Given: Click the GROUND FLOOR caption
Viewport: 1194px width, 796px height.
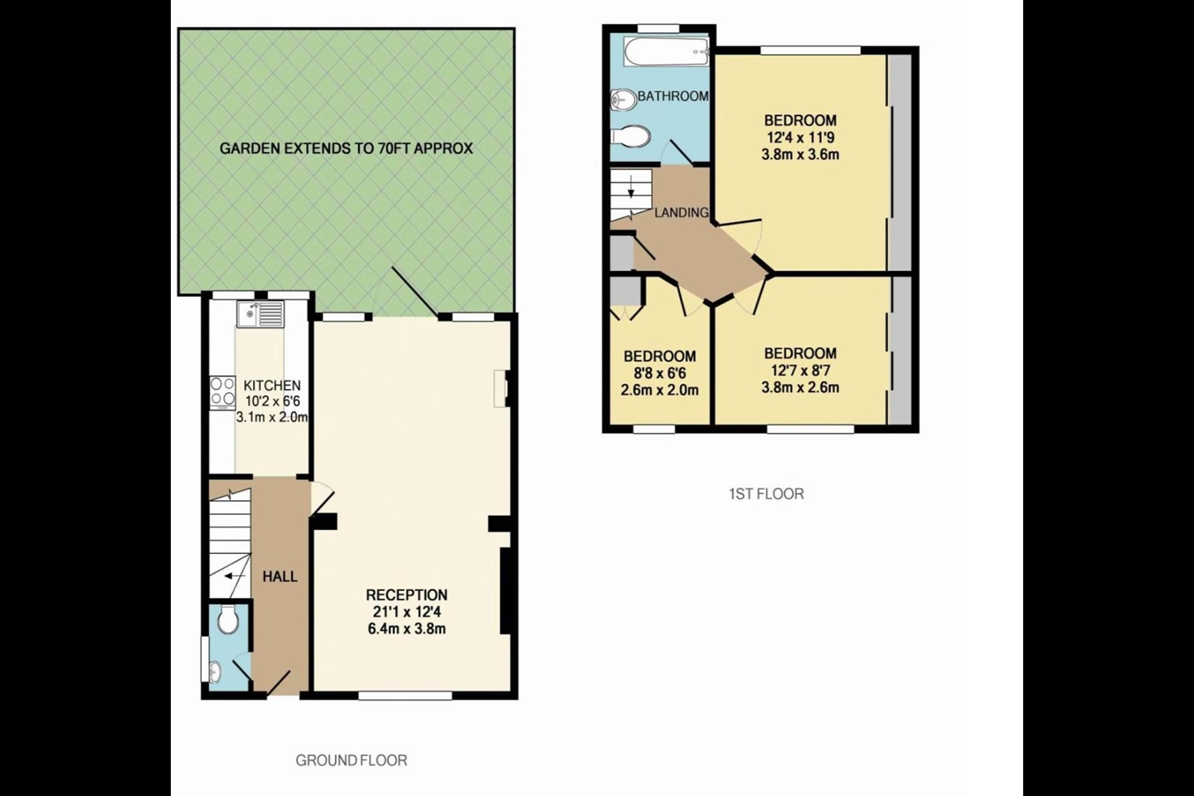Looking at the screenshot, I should [x=352, y=760].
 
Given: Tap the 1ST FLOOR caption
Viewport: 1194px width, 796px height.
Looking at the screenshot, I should [x=766, y=493].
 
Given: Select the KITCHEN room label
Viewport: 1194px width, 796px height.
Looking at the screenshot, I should [x=271, y=386].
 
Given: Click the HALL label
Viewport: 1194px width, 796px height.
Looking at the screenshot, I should [x=279, y=576].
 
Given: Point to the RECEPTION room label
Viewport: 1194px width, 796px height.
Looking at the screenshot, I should [x=406, y=595].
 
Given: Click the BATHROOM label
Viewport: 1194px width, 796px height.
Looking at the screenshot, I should [x=672, y=96].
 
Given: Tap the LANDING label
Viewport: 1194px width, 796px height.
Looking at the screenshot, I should [x=682, y=212].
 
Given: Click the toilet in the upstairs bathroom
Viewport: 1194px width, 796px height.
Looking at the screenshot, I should [x=630, y=135].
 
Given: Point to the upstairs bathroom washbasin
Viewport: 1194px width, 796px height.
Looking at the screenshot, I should [x=620, y=99].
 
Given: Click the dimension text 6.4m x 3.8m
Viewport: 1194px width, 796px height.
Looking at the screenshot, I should [x=406, y=629].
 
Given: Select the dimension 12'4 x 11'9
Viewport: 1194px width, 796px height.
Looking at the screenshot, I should [x=800, y=137].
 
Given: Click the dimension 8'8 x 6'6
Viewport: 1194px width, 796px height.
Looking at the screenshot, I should [x=659, y=373].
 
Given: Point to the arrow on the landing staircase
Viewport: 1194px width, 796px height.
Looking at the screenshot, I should [x=632, y=190].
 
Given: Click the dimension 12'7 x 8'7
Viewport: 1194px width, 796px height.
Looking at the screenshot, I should [x=800, y=370].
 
